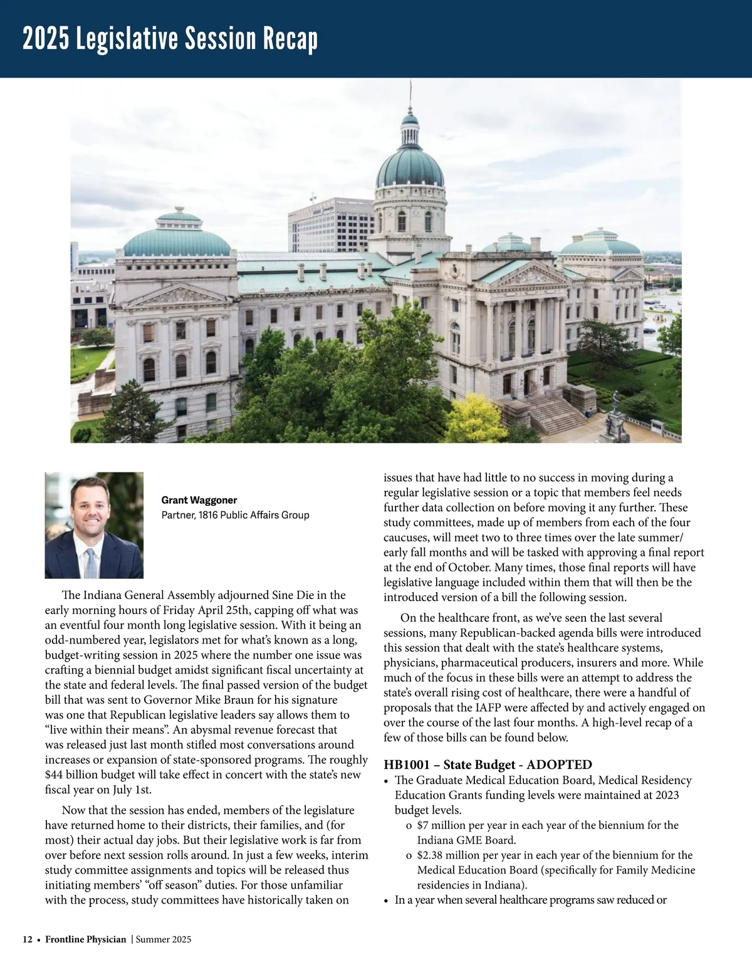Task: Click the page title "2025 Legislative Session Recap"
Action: [x=170, y=39]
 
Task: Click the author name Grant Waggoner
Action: [x=199, y=500]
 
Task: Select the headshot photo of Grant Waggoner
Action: [x=94, y=525]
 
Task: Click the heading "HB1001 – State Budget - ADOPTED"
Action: [x=488, y=764]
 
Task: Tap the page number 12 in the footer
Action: [x=28, y=939]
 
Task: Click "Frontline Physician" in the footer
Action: [x=85, y=939]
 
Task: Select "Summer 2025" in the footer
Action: [x=164, y=939]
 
